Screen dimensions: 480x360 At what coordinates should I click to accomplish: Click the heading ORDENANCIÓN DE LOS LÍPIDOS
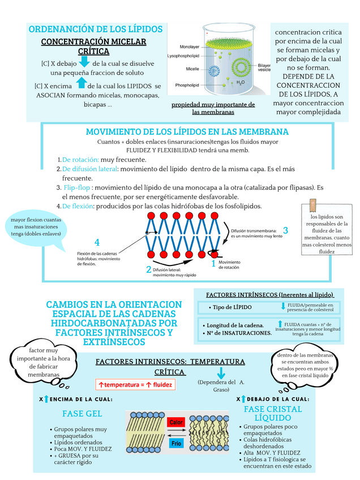point(96,29)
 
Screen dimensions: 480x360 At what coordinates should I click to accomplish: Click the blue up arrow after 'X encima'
point(80,84)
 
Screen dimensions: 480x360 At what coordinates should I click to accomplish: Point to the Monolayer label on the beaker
point(189,46)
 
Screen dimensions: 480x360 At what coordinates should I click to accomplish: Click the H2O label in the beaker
point(241,82)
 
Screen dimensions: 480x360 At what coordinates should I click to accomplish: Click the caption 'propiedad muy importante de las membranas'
point(213,108)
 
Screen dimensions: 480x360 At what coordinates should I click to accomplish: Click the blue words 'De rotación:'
point(80,160)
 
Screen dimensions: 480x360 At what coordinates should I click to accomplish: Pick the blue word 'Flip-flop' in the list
point(76,187)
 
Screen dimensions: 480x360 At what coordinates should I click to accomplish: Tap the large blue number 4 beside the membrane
point(97,242)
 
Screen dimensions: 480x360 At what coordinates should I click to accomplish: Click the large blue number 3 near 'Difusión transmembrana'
point(285,230)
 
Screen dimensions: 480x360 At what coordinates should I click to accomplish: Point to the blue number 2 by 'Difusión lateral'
point(149,269)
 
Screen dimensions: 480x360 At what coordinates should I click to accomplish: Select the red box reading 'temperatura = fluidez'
point(135,384)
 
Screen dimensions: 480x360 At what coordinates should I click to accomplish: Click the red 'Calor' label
point(175,422)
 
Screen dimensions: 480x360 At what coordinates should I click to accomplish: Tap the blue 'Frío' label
point(176,443)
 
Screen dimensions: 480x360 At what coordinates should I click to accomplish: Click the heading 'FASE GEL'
point(82,413)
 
